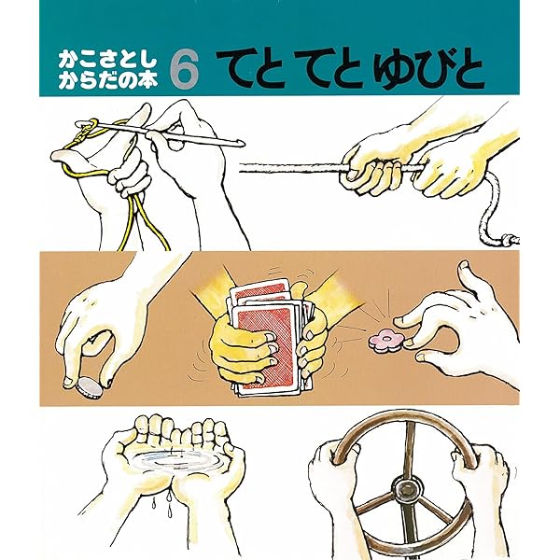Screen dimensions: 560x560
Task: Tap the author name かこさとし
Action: coord(107,61)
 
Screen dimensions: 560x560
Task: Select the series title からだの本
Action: coord(107,80)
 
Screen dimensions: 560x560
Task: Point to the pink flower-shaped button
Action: coord(386,341)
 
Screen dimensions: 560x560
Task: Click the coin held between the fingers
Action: coord(89,390)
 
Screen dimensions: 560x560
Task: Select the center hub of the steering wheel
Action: coord(407,489)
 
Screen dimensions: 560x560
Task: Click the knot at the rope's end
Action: coord(509,239)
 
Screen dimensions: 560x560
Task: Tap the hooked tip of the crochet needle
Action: coord(241,144)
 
